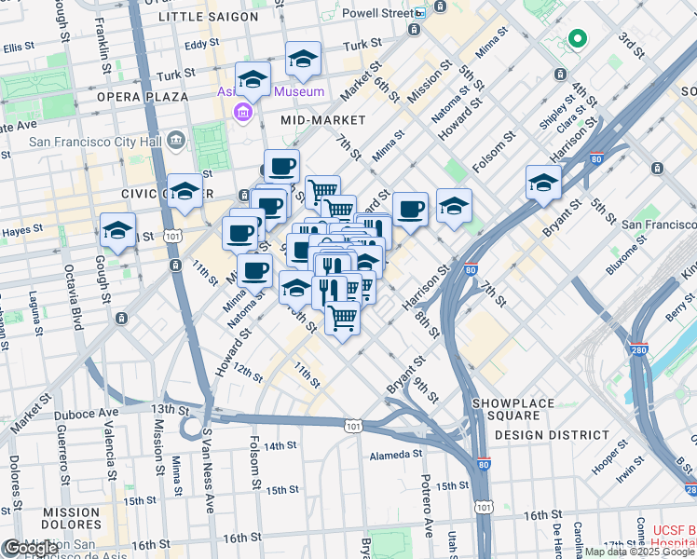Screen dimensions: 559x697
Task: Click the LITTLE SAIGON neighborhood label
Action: click(x=208, y=17)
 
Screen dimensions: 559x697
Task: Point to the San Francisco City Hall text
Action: click(x=94, y=142)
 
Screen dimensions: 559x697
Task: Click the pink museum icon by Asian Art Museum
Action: click(x=243, y=114)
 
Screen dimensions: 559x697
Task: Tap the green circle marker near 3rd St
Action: click(x=577, y=39)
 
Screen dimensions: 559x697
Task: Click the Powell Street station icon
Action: click(x=419, y=13)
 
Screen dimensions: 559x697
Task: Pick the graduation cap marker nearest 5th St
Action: click(x=542, y=183)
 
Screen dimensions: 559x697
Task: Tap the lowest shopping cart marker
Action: click(x=343, y=319)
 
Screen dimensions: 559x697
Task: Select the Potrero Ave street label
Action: click(x=428, y=515)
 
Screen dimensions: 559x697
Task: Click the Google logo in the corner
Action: click(x=31, y=548)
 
